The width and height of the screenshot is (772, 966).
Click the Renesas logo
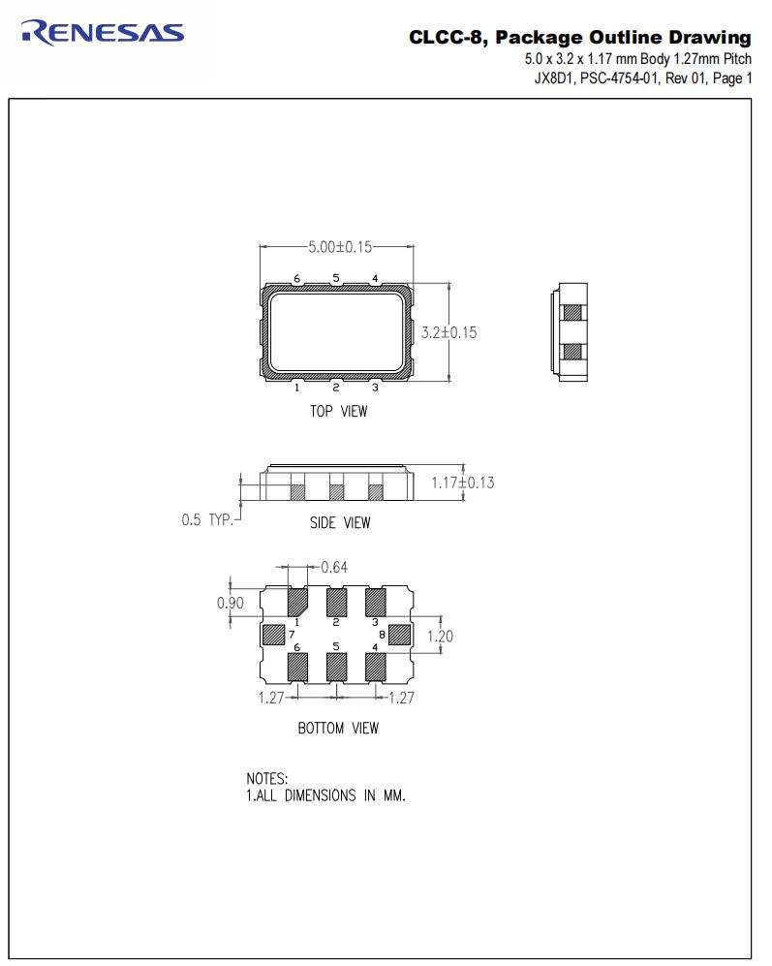coord(101,33)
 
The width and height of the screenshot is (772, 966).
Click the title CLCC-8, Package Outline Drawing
coord(579,38)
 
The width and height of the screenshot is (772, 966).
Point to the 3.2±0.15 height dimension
coord(448,332)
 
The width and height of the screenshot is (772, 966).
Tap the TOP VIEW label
coord(338,411)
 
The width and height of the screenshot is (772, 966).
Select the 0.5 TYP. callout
coord(207,520)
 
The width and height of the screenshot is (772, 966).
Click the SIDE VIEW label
coord(339,523)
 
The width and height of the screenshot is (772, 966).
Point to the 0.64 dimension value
coord(335,568)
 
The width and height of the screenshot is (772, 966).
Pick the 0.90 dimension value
coord(230,603)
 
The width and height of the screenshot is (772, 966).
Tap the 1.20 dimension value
coord(439,637)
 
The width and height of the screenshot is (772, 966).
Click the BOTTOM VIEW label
coord(338,728)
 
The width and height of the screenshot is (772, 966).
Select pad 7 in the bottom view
coord(274,635)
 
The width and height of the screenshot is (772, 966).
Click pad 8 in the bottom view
coord(400,635)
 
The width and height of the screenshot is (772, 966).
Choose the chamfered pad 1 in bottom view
coord(297,601)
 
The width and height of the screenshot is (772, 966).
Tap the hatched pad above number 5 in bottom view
coord(336,667)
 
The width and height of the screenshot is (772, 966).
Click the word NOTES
coord(267,779)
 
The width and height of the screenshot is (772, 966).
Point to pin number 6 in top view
coord(296,279)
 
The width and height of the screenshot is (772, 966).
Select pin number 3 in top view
coord(375,388)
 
